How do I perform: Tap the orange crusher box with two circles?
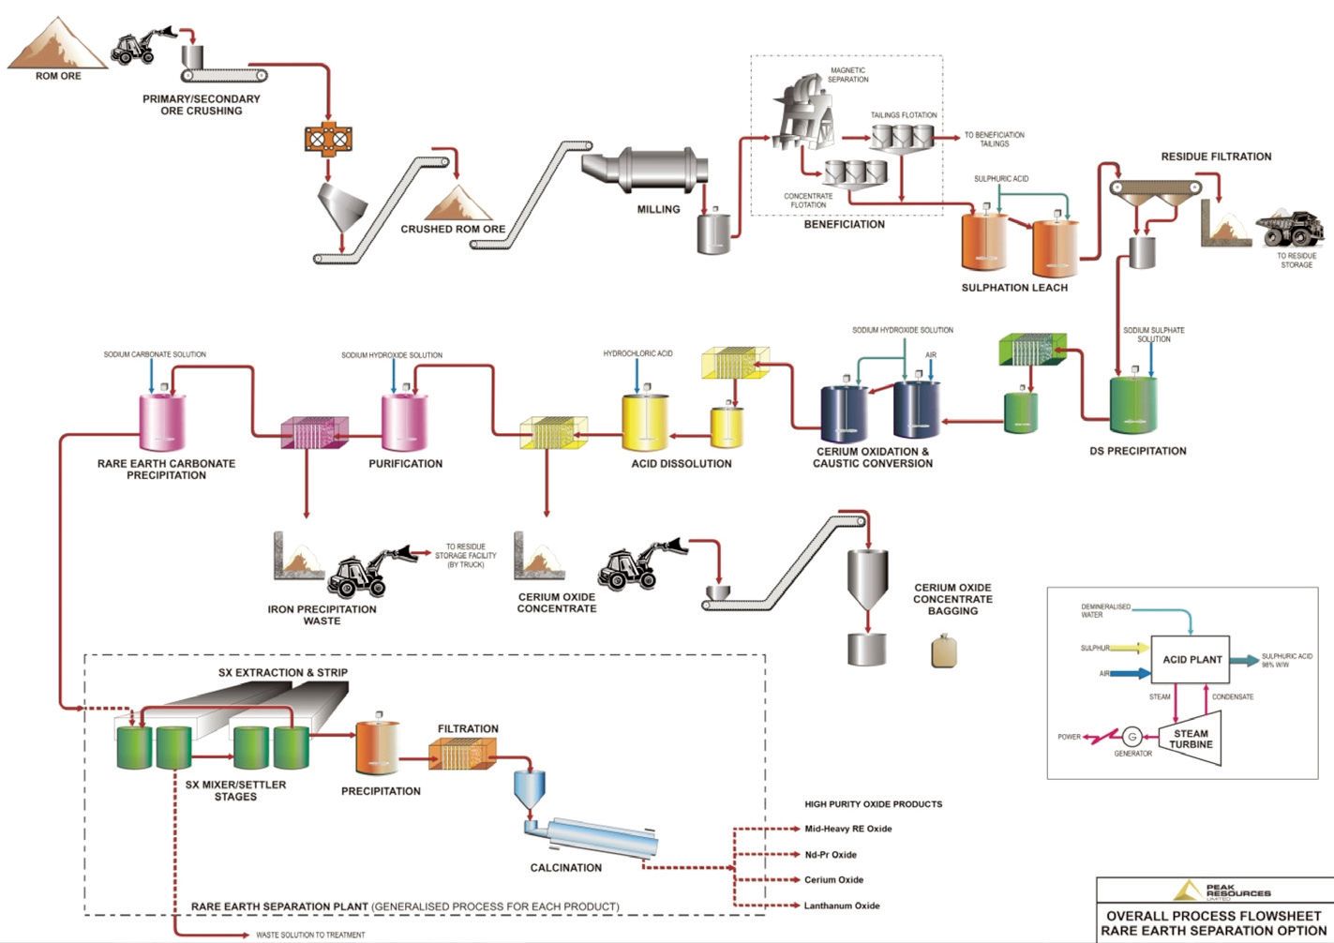(x=326, y=139)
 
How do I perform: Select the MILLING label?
(x=658, y=209)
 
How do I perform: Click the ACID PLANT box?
(x=1192, y=660)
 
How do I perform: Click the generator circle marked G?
(x=1132, y=736)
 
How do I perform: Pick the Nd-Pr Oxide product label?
(x=831, y=855)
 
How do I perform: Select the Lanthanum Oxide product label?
(x=842, y=906)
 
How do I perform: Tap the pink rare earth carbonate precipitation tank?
(x=162, y=421)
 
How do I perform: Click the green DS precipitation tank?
(x=1133, y=405)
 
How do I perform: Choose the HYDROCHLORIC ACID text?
(x=637, y=353)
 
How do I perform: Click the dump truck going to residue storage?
(x=1289, y=229)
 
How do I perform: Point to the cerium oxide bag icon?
(x=944, y=651)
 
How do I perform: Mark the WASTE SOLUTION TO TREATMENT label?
(x=310, y=935)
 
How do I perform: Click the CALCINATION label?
(x=565, y=868)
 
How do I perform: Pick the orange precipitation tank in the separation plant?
(x=377, y=749)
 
